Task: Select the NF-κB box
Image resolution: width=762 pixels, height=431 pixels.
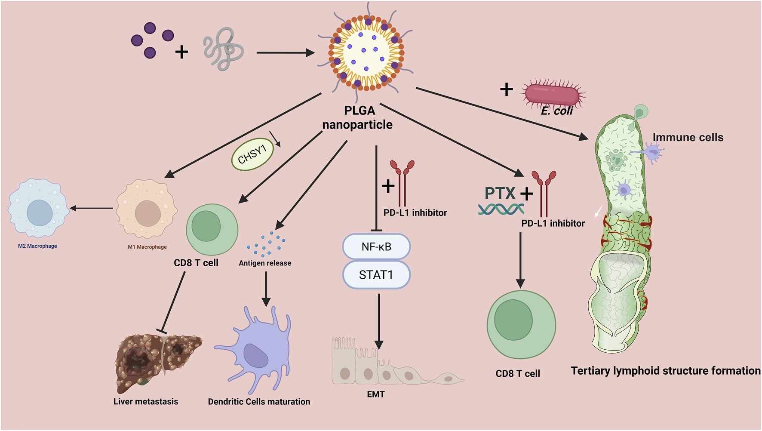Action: [376, 246]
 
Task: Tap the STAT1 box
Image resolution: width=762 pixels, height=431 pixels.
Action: [376, 275]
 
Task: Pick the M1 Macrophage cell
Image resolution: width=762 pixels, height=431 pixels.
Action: [147, 209]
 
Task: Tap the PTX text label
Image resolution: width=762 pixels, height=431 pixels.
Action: [500, 193]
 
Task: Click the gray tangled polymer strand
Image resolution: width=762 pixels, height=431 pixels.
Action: [223, 49]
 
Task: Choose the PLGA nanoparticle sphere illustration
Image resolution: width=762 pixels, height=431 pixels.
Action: [366, 52]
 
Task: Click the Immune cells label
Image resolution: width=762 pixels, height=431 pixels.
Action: [688, 137]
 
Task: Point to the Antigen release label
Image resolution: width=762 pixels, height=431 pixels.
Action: [265, 263]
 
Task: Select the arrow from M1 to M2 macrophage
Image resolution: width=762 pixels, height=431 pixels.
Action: [92, 208]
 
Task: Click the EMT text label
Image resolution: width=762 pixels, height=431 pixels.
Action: [375, 394]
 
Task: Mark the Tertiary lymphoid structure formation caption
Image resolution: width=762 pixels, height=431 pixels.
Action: [666, 370]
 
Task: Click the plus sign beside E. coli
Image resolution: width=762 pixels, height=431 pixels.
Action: [507, 89]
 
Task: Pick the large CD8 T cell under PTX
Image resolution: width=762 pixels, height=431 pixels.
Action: [521, 324]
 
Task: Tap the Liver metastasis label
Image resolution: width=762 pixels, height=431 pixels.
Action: [146, 401]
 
